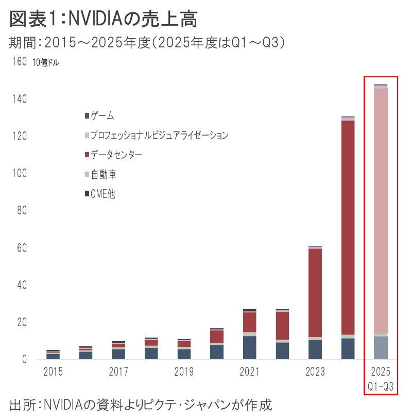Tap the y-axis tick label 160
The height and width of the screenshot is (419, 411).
19,62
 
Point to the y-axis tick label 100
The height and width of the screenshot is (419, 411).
19,174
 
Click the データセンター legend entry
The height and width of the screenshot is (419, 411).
116,155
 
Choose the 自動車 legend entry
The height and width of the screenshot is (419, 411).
104,175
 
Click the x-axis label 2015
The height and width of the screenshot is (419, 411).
53,372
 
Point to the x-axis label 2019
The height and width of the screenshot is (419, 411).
184,372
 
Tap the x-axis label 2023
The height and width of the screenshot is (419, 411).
315,372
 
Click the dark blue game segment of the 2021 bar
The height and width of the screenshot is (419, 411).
250,347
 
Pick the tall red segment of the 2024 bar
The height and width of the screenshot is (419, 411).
348,227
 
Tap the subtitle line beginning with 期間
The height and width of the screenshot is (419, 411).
147,43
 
